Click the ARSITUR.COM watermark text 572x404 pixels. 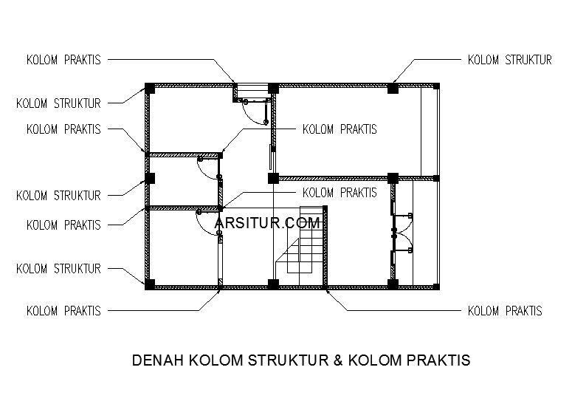pyautogui.click(x=267, y=222)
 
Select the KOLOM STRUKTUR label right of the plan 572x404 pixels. pyautogui.click(x=509, y=60)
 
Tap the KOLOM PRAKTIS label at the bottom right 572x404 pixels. pyautogui.click(x=505, y=311)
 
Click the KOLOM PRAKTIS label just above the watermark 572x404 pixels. pyautogui.click(x=340, y=193)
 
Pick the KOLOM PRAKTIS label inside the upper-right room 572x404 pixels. pyautogui.click(x=340, y=129)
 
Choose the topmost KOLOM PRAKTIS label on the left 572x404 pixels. pyautogui.click(x=63, y=59)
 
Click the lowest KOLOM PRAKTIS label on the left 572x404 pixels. pyautogui.click(x=63, y=311)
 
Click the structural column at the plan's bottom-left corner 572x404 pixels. pyautogui.click(x=149, y=283)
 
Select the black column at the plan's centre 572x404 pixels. pyautogui.click(x=272, y=178)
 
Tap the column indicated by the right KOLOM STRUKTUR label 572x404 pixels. pyautogui.click(x=393, y=89)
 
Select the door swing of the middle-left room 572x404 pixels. pyautogui.click(x=209, y=168)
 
